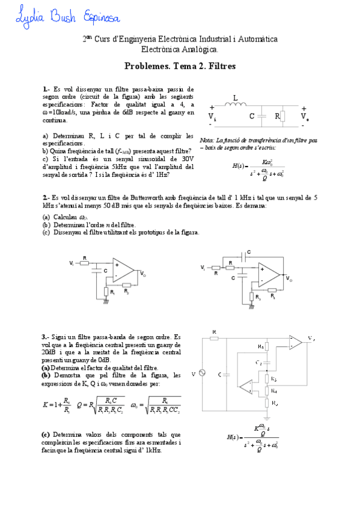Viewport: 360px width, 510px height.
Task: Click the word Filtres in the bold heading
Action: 219,66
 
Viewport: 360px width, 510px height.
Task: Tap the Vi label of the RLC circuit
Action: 212,115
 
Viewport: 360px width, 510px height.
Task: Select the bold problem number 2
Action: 45,197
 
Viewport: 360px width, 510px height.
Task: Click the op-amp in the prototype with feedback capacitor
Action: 268,274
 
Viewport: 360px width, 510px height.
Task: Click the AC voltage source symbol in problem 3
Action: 203,373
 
